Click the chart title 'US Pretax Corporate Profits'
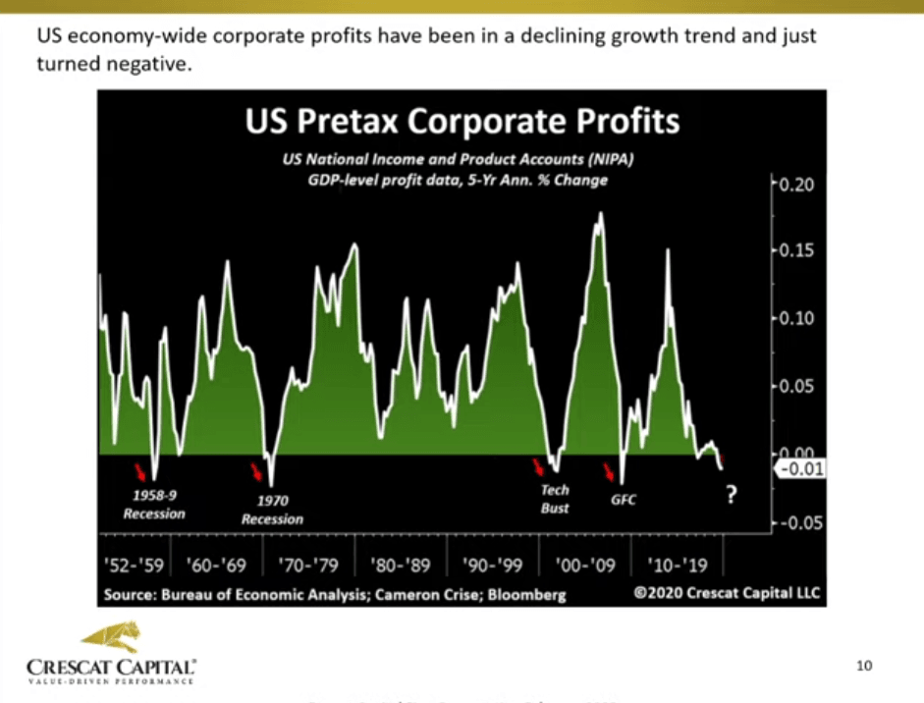click(x=461, y=122)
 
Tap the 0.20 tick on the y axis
click(x=795, y=185)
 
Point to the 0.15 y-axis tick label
click(x=795, y=250)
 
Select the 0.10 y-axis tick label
click(x=795, y=318)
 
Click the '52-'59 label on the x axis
click(x=133, y=567)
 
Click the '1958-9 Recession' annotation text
click(x=153, y=505)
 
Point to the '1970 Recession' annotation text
click(x=272, y=510)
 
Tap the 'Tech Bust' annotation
click(x=555, y=498)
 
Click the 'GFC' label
click(x=623, y=500)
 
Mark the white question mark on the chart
click(x=732, y=497)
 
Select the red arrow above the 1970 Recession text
click(x=257, y=473)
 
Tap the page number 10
click(x=864, y=667)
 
